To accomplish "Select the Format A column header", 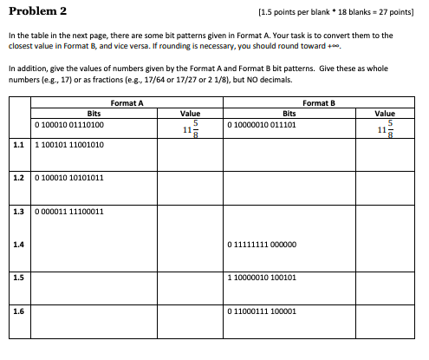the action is point(127,103).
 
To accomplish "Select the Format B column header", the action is point(320,103).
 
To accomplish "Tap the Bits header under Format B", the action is point(289,113).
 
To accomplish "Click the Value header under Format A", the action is point(189,113).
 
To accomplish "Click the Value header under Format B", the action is point(384,113).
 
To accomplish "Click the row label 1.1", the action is point(18,145).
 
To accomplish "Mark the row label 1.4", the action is point(18,244).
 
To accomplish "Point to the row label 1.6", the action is point(18,310).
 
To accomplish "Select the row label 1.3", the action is point(18,211).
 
